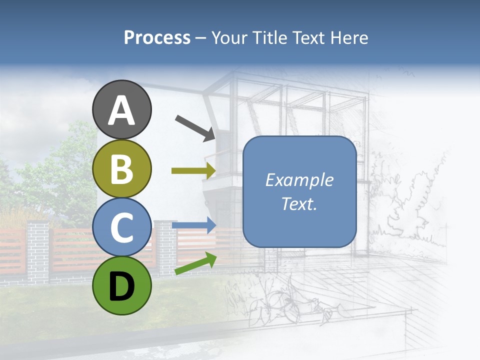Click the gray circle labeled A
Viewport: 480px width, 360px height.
pyautogui.click(x=122, y=109)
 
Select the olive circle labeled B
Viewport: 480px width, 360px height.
pyautogui.click(x=122, y=168)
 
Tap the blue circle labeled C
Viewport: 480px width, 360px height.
pyautogui.click(x=122, y=227)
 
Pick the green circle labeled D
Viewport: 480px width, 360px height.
pyautogui.click(x=122, y=285)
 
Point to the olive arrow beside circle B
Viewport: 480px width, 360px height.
pyautogui.click(x=193, y=171)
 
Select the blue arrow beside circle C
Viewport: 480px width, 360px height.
pyautogui.click(x=194, y=225)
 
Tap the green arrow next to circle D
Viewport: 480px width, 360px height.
pyautogui.click(x=195, y=264)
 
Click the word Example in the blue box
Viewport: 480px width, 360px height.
pyautogui.click(x=299, y=180)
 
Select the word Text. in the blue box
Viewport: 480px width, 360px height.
pyautogui.click(x=299, y=203)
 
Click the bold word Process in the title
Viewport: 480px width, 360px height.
pyautogui.click(x=157, y=37)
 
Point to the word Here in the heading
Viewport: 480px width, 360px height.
pyautogui.click(x=350, y=37)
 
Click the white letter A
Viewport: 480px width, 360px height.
pyautogui.click(x=122, y=110)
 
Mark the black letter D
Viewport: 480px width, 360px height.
pyautogui.click(x=122, y=286)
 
